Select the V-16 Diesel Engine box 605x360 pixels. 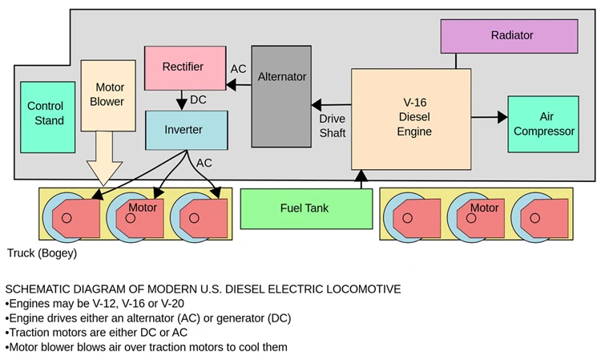pyautogui.click(x=411, y=118)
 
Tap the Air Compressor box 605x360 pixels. pyautogui.click(x=542, y=124)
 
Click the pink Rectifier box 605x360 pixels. pyautogui.click(x=184, y=68)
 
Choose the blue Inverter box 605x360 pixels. pyautogui.click(x=184, y=130)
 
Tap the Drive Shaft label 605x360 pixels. pyautogui.click(x=332, y=126)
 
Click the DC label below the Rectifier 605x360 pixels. pyautogui.click(x=198, y=101)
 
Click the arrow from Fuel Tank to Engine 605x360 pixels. pyautogui.click(x=361, y=178)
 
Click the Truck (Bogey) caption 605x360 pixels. pyautogui.click(x=42, y=253)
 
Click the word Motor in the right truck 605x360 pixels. pyautogui.click(x=484, y=208)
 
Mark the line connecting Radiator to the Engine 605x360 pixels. pyautogui.click(x=456, y=61)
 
